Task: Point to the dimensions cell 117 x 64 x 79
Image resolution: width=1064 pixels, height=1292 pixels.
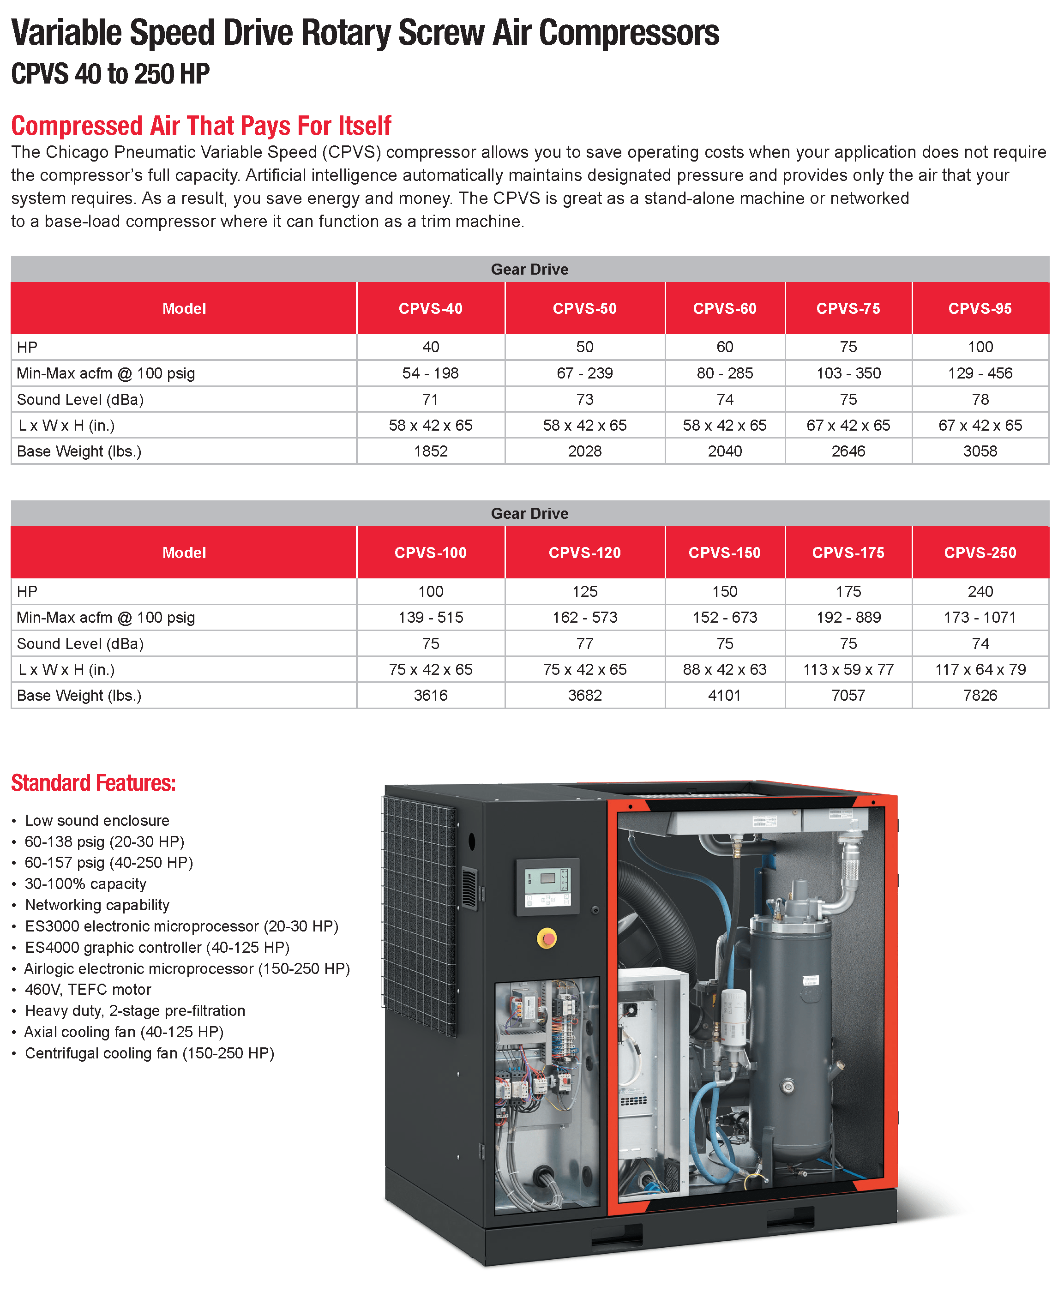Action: coord(980,669)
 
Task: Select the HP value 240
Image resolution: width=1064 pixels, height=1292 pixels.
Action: coord(980,591)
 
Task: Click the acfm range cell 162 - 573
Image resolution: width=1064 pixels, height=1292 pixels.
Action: coord(585,617)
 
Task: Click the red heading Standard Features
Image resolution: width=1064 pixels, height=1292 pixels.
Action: coord(93,783)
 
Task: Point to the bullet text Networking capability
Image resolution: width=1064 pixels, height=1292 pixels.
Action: coord(97,905)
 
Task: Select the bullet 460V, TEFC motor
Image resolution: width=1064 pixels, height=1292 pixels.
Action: coord(88,989)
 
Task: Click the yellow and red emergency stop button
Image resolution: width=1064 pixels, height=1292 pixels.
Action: coord(547,938)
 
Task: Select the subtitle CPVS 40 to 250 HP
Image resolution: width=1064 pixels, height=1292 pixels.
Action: coord(110,74)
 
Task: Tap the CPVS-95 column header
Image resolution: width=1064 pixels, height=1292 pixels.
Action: coord(980,308)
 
